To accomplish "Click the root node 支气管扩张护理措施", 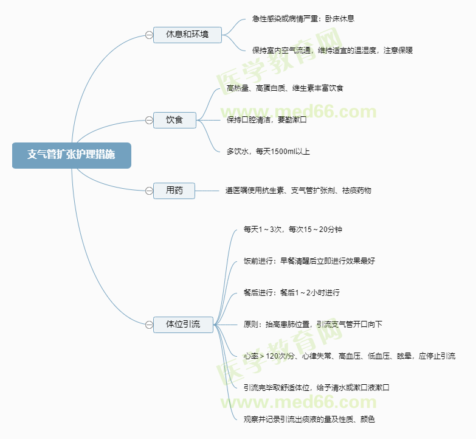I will (x=71, y=155).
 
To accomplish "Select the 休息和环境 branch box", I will (x=186, y=35).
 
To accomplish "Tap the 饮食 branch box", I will (x=174, y=120).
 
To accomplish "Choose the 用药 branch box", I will (x=174, y=191).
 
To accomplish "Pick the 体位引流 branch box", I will (x=183, y=325).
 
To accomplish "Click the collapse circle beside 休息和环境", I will (x=149, y=35).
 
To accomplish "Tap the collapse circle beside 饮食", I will (x=149, y=120).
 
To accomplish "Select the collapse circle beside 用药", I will (x=149, y=191).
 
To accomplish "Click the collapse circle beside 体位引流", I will (x=149, y=325).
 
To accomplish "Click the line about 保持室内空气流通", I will (x=332, y=51).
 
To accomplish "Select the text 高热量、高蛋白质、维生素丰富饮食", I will (x=285, y=88).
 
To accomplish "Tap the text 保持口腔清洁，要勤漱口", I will (x=266, y=120).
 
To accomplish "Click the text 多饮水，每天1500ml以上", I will (x=268, y=152).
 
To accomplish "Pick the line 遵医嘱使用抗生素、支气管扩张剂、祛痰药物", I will (x=298, y=191).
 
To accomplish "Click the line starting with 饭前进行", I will (x=309, y=261).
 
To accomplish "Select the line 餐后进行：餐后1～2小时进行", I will (x=292, y=293).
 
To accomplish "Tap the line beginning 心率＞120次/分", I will (x=349, y=356).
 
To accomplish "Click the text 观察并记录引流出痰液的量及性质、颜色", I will (x=309, y=420).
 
